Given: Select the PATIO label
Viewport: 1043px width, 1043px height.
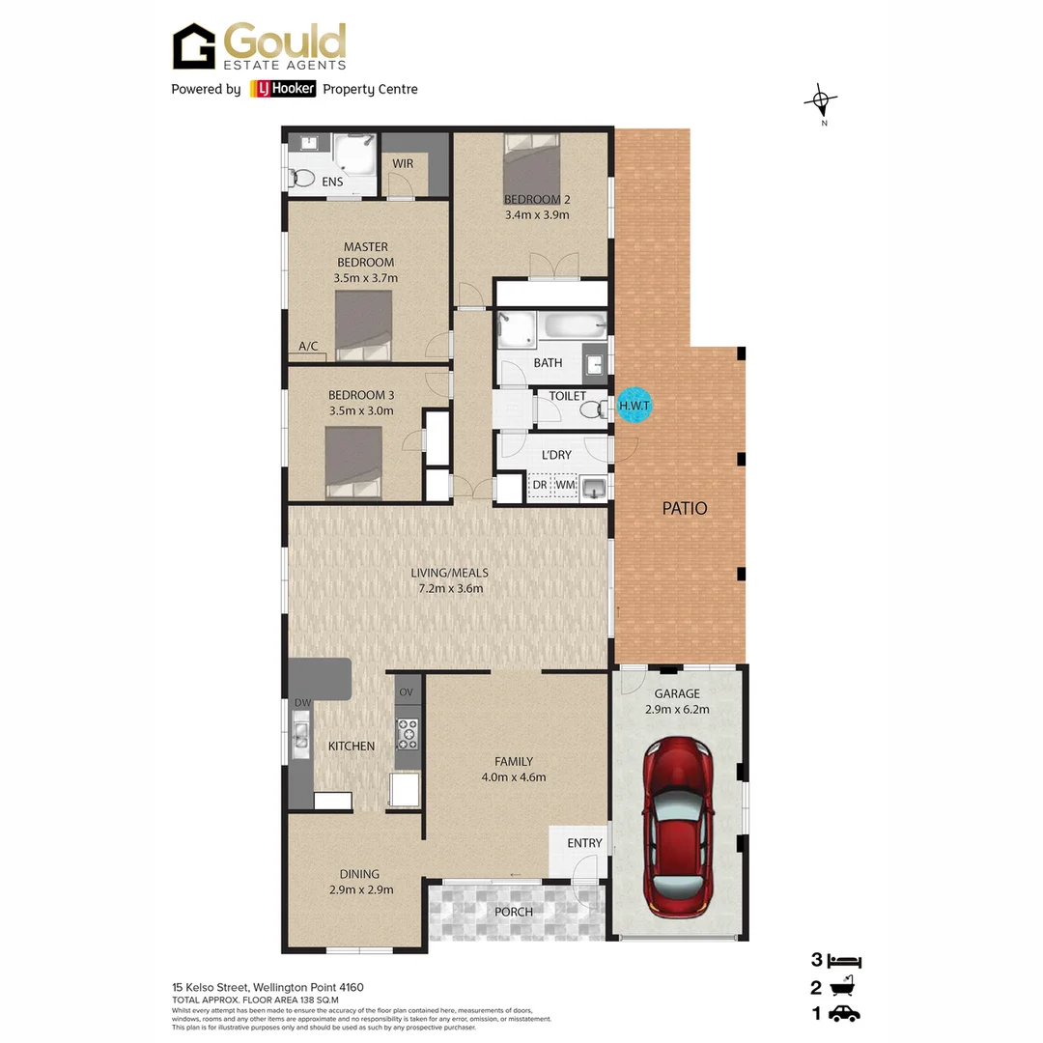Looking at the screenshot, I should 684,508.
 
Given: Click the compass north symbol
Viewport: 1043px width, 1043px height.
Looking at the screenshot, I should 821,100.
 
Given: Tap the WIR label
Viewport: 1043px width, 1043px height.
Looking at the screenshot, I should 403,163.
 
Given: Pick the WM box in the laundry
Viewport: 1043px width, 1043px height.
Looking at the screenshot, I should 565,485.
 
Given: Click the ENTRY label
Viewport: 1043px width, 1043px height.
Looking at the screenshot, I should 584,843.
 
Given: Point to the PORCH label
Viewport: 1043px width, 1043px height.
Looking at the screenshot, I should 513,912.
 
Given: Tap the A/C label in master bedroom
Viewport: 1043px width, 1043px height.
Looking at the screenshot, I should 308,346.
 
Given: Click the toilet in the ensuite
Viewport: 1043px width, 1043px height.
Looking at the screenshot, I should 301,179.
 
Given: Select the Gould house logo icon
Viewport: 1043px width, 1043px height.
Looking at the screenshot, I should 194,46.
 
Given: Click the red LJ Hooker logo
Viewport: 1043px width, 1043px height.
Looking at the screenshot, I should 283,89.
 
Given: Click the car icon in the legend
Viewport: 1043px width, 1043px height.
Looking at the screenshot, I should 844,1013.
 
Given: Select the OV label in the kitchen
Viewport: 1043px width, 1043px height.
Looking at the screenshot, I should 407,691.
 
